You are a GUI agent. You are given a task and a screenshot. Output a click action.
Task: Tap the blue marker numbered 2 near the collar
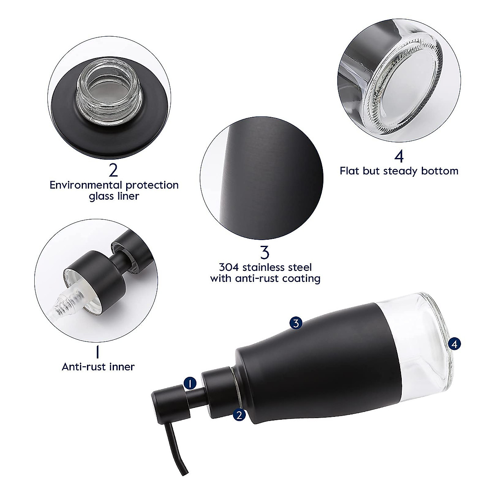(x=239, y=415)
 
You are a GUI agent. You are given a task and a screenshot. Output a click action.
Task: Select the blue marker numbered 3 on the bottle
(x=296, y=323)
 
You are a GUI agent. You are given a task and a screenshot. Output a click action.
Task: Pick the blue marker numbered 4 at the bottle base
(x=454, y=344)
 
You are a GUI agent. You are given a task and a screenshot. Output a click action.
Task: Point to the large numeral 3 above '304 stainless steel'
(x=265, y=252)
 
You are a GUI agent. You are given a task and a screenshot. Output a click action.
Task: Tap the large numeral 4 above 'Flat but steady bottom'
(x=399, y=156)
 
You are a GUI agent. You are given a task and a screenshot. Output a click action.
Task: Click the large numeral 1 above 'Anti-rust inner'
(x=98, y=352)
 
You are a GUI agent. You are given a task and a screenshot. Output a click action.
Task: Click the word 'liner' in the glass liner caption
(x=126, y=196)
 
